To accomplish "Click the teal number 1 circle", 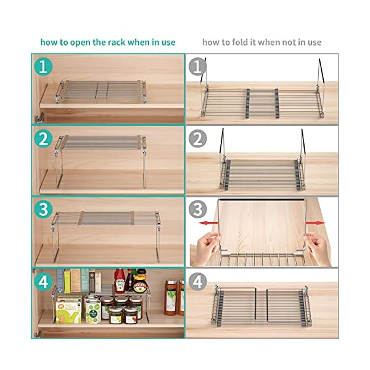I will (43, 65).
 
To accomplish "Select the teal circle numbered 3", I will (43, 210).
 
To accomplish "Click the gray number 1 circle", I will (197, 65).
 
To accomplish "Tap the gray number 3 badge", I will (197, 210).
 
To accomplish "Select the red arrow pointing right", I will (315, 223).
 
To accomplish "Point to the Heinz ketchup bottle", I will (119, 281).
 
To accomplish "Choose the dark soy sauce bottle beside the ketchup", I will (130, 281).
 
